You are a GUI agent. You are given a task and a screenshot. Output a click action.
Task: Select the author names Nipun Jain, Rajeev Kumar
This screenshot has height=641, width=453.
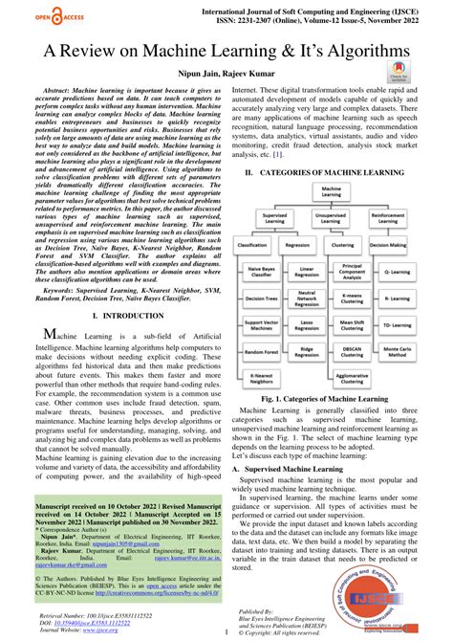(x=226, y=74)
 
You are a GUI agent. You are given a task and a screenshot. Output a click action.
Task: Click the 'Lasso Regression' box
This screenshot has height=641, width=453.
(x=307, y=325)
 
